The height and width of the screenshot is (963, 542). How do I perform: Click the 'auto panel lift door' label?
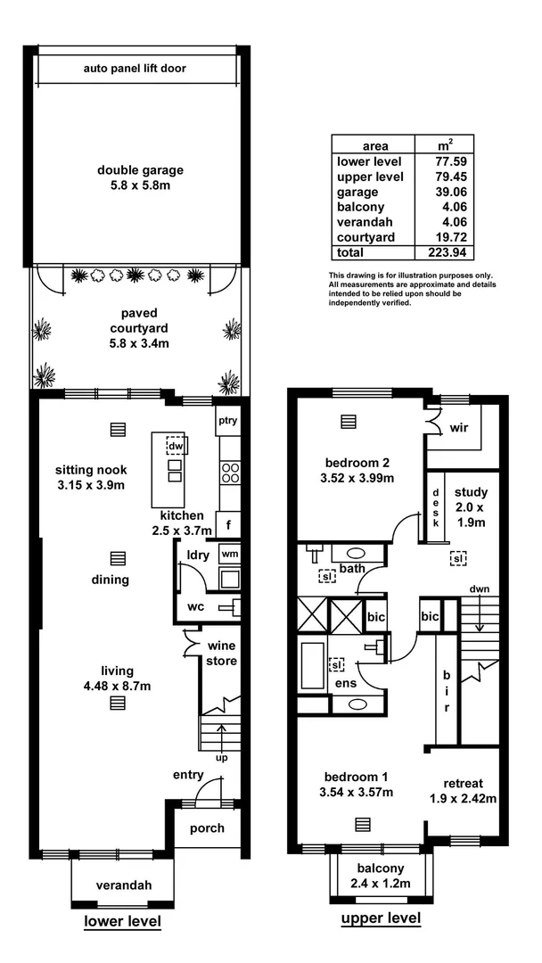click(x=135, y=68)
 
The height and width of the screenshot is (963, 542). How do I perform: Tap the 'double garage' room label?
click(x=141, y=170)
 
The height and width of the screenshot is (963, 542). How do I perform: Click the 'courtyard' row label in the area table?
click(x=365, y=237)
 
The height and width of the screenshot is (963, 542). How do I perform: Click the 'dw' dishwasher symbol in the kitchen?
click(x=176, y=446)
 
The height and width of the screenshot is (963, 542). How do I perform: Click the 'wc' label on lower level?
click(x=195, y=608)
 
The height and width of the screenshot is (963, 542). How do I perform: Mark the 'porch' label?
click(x=207, y=828)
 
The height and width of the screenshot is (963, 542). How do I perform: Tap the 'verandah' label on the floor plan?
click(x=124, y=885)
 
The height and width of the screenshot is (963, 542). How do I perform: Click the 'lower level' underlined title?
click(x=122, y=921)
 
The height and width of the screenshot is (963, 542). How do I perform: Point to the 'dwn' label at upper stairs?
click(x=479, y=589)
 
